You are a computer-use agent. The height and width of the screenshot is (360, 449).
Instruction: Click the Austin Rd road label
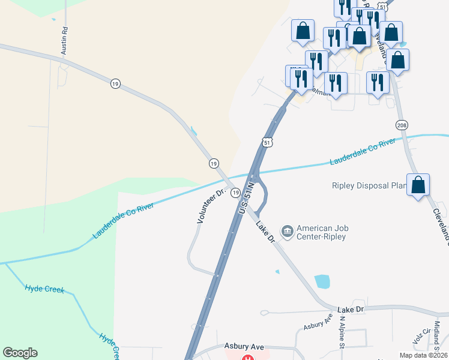coord(64,41)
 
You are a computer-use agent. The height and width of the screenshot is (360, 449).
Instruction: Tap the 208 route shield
coord(402,125)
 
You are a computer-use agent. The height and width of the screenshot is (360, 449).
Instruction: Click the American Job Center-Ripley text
coord(322,232)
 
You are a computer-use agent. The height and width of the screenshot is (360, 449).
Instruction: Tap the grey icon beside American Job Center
coord(287,231)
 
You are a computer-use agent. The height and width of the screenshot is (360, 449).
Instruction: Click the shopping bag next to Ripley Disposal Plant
coord(418,185)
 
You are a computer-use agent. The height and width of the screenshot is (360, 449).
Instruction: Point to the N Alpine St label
coord(342,334)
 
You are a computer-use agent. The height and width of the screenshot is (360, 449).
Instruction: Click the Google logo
coord(20,353)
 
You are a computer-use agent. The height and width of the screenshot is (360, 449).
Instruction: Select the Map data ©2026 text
coord(423,355)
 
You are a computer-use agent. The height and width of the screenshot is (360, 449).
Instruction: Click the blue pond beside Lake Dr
coord(322,281)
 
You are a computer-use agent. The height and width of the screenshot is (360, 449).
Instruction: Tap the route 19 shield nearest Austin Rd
coord(115,83)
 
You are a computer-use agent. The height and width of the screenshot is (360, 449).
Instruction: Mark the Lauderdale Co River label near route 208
coord(363,152)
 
